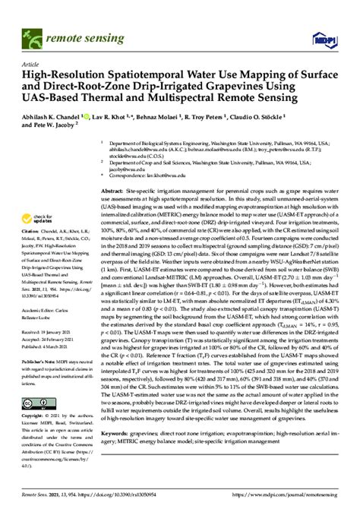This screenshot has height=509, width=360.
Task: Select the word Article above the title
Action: click(x=31, y=65)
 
